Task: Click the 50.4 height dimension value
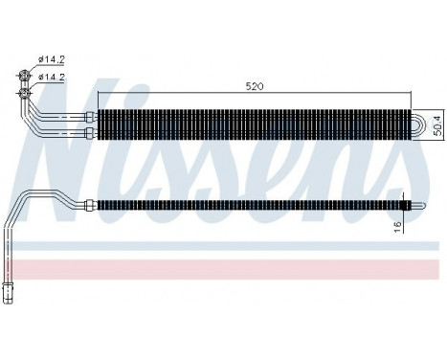436,124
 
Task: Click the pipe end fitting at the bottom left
9,291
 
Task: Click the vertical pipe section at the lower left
9,259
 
